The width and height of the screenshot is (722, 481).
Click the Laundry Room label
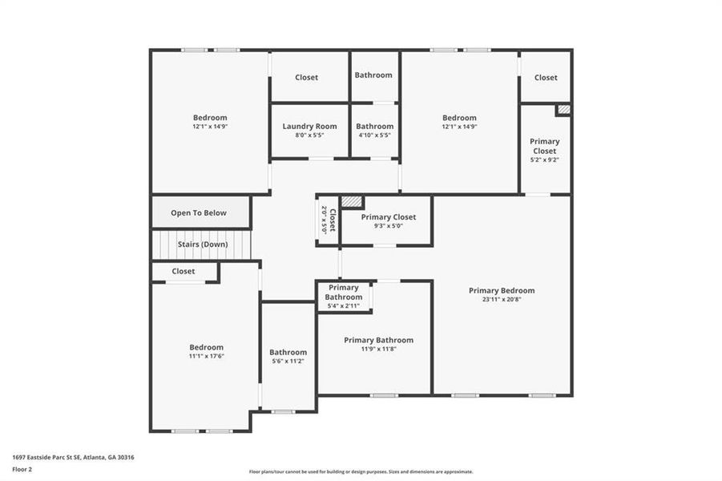tap(309, 126)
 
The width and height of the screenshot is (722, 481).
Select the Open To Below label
tap(199, 213)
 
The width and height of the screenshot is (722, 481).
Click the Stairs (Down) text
tap(203, 244)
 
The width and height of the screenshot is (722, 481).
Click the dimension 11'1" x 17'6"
tap(206, 356)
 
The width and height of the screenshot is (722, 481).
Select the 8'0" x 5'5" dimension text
tap(309, 135)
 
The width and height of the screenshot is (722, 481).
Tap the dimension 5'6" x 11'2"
tap(288, 362)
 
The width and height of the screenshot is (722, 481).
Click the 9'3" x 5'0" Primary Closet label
tap(389, 217)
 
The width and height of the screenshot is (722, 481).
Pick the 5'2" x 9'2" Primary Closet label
tap(545, 146)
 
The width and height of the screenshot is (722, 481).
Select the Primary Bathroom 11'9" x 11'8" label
tap(378, 340)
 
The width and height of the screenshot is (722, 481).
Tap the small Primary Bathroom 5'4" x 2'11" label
tap(343, 292)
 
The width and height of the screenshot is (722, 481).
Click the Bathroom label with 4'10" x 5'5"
tap(374, 126)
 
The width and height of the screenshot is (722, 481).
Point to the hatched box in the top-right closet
tap(563, 109)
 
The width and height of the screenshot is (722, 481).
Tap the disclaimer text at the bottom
tap(361, 471)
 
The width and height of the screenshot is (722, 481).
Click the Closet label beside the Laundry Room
tap(306, 78)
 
